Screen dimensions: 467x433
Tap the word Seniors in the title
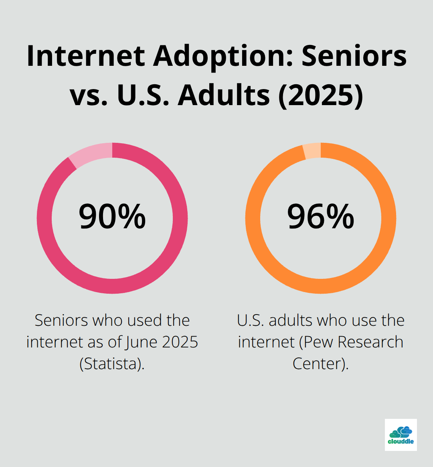pyautogui.click(x=354, y=56)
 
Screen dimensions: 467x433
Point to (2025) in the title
pyautogui.click(x=321, y=95)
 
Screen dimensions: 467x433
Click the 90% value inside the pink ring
pyautogui.click(x=112, y=217)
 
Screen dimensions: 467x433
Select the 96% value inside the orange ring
pyautogui.click(x=321, y=217)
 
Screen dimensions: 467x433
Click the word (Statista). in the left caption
pyautogui.click(x=112, y=364)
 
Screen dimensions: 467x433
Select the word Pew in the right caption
pyautogui.click(x=318, y=342)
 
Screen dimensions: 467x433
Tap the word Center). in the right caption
pyautogui.click(x=321, y=364)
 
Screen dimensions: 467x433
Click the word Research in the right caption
pyautogui.click(x=370, y=342)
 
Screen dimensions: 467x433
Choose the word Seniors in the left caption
pyautogui.click(x=61, y=321)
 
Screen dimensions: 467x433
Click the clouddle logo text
pyautogui.click(x=401, y=441)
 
